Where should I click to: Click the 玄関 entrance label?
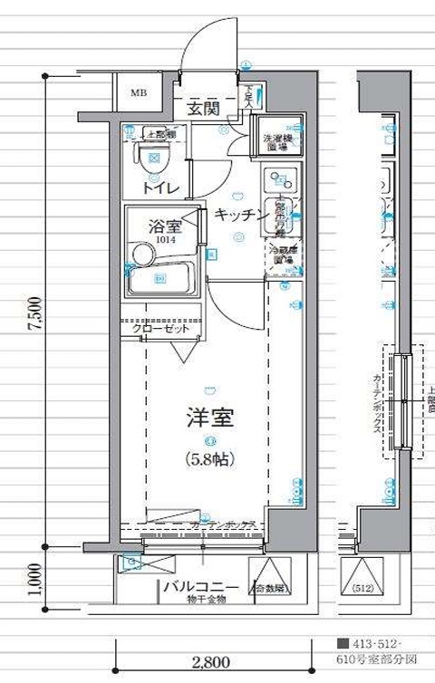pos(204,110)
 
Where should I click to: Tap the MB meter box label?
pos(139,92)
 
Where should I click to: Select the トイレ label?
pos(159,188)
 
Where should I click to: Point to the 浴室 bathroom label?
pos(165,226)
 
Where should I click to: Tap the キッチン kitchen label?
pos(240,215)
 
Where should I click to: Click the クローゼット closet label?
pos(161,330)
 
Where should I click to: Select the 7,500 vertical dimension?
pos(35,313)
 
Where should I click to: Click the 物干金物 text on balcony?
pos(206,599)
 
